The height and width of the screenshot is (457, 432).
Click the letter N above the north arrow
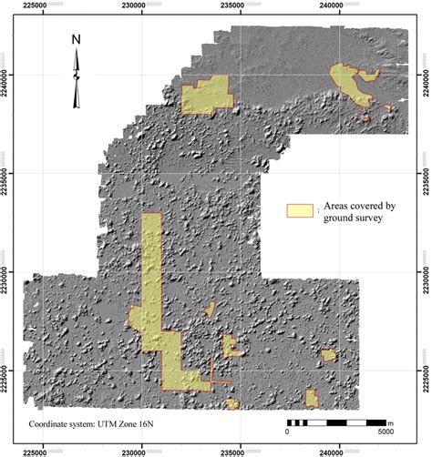[x=77, y=40]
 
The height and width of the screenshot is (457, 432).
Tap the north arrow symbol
[x=77, y=78]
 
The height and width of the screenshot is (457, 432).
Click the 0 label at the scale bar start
[x=289, y=434]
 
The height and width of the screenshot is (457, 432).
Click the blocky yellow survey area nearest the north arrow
[x=206, y=96]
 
